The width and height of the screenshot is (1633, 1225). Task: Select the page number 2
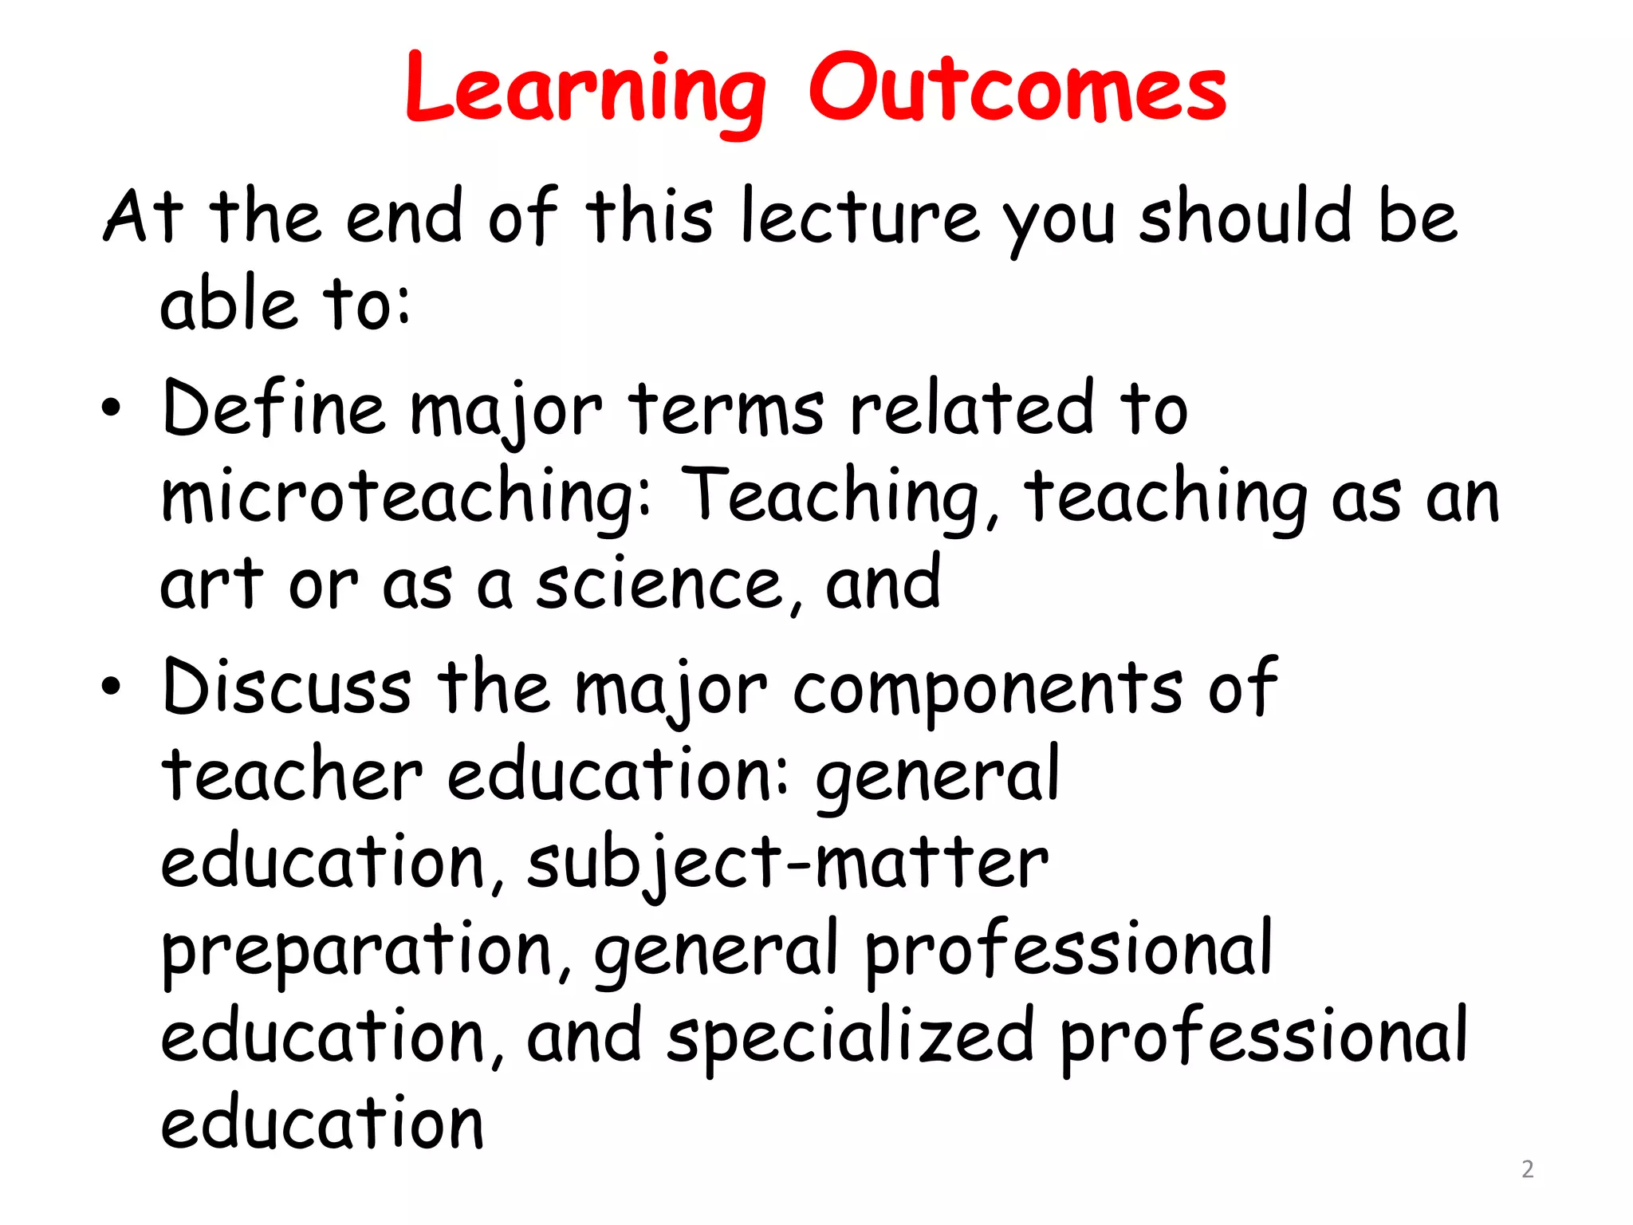(x=1527, y=1169)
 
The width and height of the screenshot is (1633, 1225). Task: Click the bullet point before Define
(x=112, y=408)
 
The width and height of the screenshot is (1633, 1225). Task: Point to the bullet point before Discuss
(x=112, y=686)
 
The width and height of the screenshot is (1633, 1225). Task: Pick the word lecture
(x=860, y=216)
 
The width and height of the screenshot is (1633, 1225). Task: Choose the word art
(x=211, y=585)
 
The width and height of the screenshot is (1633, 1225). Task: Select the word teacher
(x=292, y=774)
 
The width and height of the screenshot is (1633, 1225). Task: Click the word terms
(x=726, y=409)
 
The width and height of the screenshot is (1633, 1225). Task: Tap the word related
(x=972, y=408)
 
